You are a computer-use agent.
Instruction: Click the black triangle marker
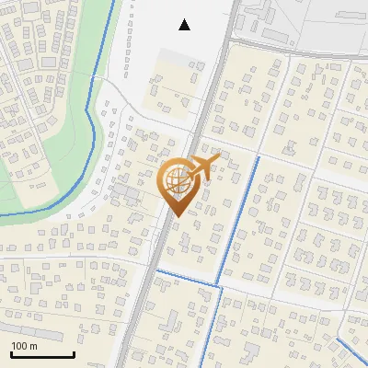pos(185,25)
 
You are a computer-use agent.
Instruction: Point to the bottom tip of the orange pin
pos(177,217)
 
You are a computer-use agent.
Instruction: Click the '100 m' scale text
pos(24,346)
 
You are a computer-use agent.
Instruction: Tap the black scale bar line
pos(42,354)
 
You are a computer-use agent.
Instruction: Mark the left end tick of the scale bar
pos(11,352)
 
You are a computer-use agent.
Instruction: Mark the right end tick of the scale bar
pos(74,352)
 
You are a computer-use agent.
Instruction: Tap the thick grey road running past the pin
pos(152,276)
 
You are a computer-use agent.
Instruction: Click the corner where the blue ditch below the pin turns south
pos(221,288)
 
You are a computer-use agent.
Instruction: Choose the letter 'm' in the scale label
pos(33,346)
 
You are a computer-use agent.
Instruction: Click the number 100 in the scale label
pos(19,346)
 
